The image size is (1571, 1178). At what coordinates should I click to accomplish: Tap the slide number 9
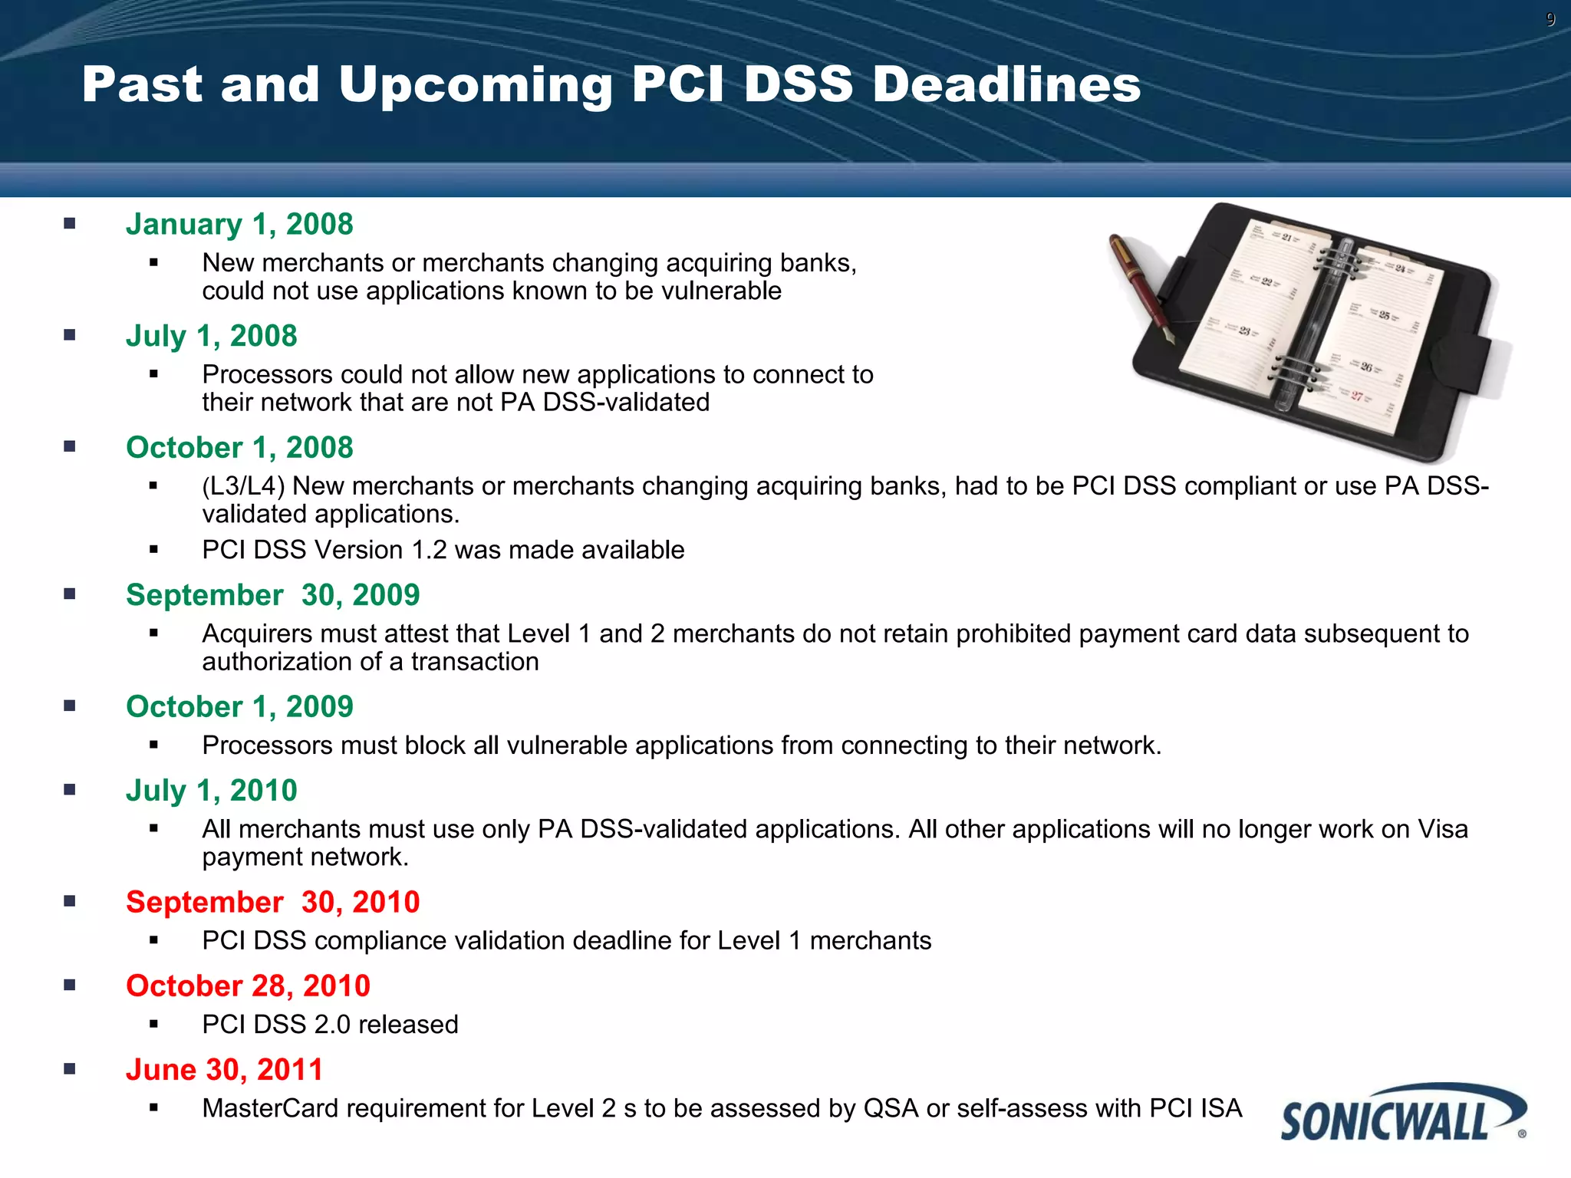(x=1550, y=20)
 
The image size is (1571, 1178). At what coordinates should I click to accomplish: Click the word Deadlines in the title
(x=1006, y=84)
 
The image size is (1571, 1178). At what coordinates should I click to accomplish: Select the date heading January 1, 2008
(x=239, y=224)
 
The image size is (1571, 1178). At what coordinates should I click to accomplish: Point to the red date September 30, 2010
(x=272, y=902)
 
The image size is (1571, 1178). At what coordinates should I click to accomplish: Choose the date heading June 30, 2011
(x=224, y=1069)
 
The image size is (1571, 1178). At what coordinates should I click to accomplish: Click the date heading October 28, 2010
(x=248, y=986)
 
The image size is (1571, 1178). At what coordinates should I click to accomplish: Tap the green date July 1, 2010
(x=211, y=790)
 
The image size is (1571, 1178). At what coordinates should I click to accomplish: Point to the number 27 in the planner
(x=1357, y=396)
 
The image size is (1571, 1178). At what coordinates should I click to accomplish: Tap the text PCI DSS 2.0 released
(x=330, y=1025)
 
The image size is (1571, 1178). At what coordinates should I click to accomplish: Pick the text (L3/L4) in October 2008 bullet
(x=243, y=486)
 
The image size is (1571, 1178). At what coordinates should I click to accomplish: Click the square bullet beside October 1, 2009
(x=70, y=706)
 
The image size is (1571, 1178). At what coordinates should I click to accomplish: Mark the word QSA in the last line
(x=891, y=1108)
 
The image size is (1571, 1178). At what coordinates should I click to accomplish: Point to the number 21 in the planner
(x=1286, y=237)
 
